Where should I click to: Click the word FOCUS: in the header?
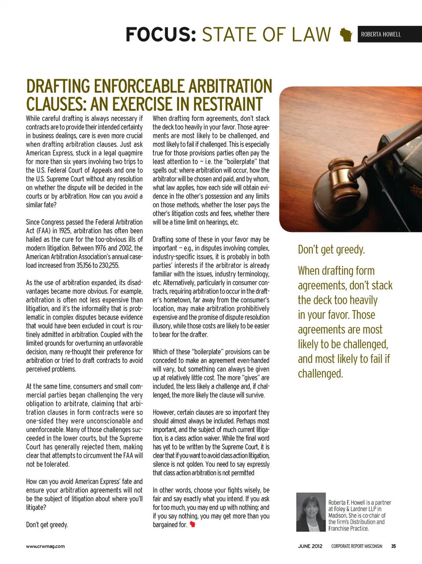point(160,34)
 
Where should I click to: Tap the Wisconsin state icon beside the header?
point(346,35)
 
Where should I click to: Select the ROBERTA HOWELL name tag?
point(381,34)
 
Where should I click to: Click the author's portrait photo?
point(311,512)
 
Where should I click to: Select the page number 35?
point(393,546)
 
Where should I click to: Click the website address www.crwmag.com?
point(45,546)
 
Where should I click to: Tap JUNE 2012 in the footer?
point(310,546)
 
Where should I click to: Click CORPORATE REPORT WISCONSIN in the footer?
point(357,546)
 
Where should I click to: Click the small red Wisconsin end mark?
point(192,524)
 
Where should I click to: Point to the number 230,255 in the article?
point(107,265)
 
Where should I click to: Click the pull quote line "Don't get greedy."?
point(331,250)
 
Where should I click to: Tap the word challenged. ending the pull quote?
point(320,374)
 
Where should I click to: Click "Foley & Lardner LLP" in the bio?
point(355,509)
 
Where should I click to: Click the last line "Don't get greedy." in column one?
point(47,524)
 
